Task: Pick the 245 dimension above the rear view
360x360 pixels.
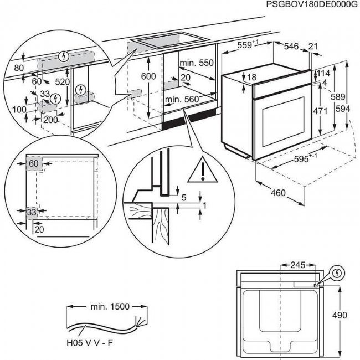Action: [300, 265]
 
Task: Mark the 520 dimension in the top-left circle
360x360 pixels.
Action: [63, 81]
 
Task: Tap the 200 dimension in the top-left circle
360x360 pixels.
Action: [50, 120]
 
